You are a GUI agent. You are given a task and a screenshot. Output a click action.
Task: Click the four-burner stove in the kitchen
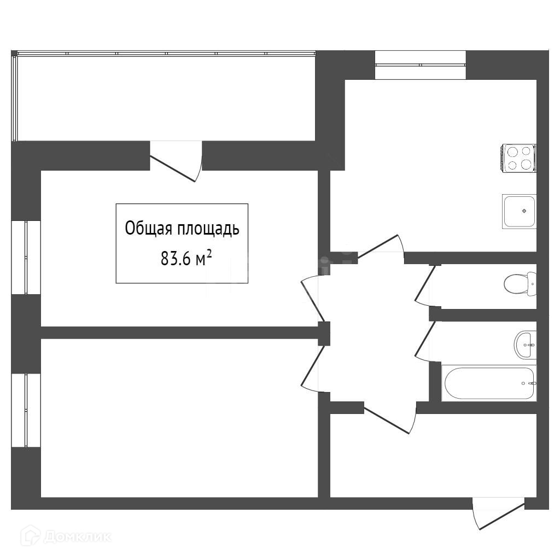point(519,157)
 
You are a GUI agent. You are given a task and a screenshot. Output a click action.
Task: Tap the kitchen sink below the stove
point(519,211)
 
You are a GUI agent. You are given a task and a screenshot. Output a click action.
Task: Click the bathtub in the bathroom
point(488,383)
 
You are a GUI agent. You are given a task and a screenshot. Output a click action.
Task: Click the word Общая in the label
point(149,229)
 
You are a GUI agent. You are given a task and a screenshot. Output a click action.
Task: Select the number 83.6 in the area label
point(174,259)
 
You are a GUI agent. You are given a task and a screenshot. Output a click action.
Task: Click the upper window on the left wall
point(26,257)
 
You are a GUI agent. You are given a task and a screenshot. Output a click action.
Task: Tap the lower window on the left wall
point(26,410)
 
